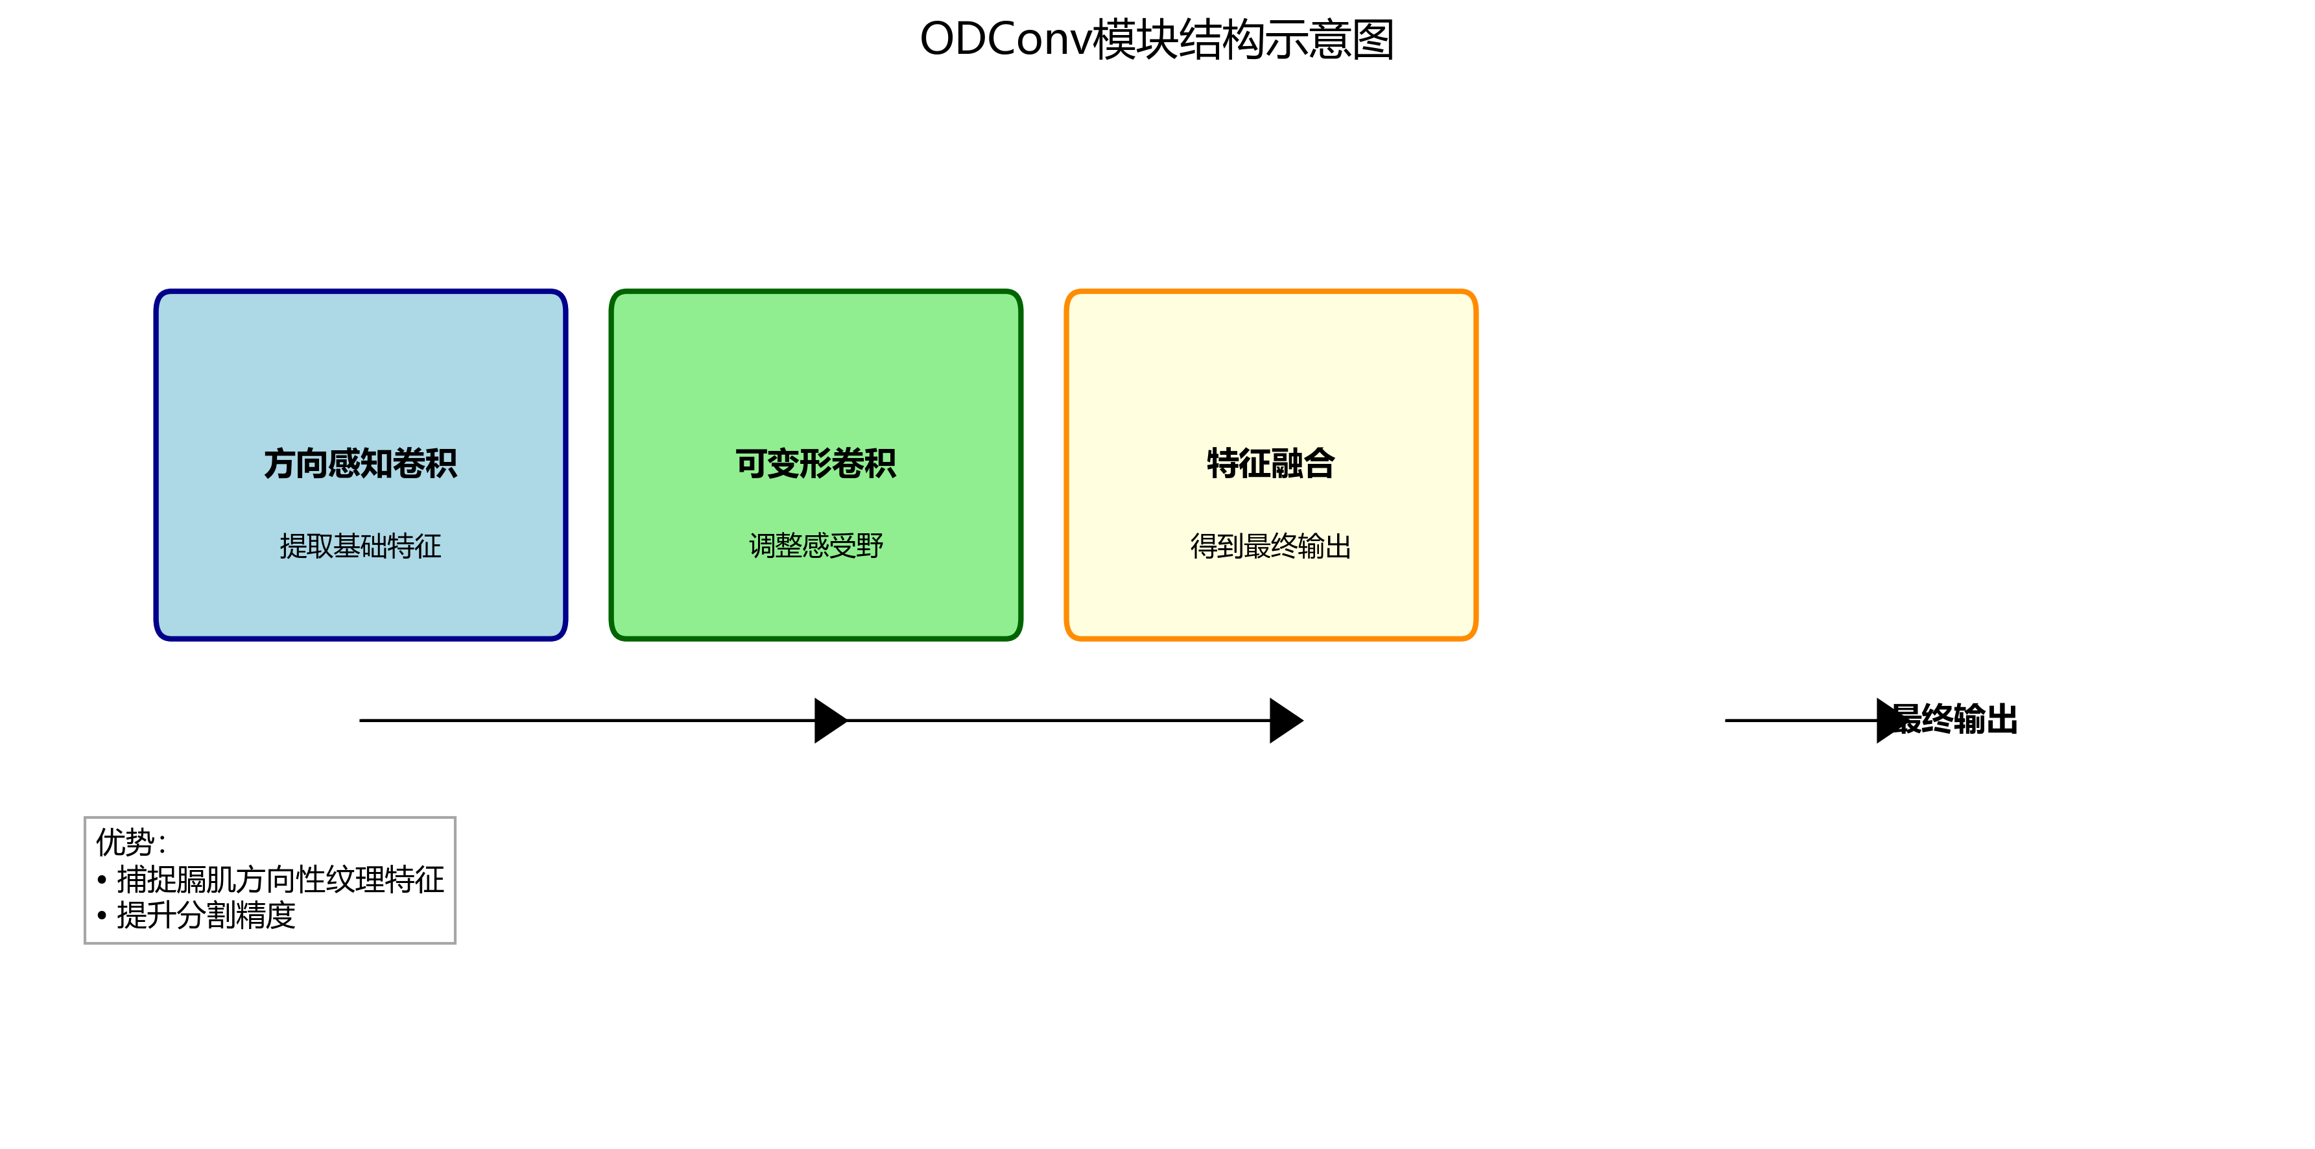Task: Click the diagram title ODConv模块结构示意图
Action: point(1157,40)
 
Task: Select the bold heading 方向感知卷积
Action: point(361,464)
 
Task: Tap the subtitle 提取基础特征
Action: point(361,546)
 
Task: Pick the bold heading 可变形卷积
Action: point(815,464)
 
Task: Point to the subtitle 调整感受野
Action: point(815,546)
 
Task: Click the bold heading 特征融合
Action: point(1270,464)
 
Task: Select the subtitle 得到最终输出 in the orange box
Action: point(1270,546)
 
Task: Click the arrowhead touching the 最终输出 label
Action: point(1890,720)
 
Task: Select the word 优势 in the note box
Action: point(126,842)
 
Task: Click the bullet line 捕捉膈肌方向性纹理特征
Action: point(280,879)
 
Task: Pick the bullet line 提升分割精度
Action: point(206,915)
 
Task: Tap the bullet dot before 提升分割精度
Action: point(102,916)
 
